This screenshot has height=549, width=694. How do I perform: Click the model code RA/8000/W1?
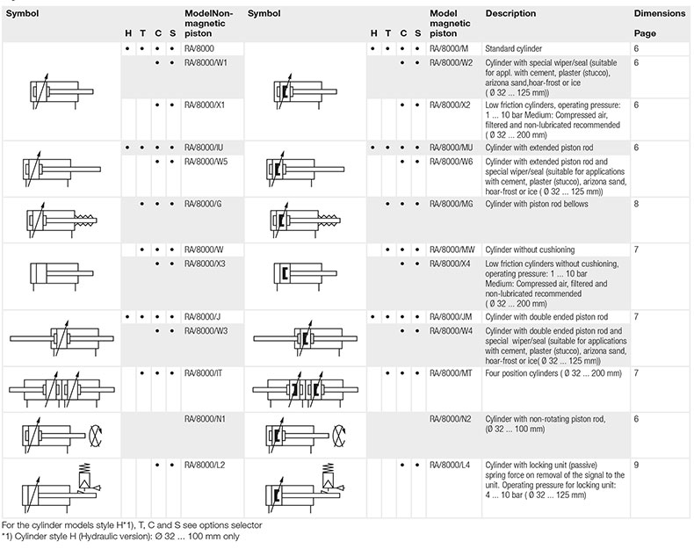coord(206,62)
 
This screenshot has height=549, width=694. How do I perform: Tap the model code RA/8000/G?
coord(203,203)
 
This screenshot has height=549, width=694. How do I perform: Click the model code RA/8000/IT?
coord(204,372)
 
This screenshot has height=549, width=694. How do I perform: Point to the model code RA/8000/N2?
coord(452,418)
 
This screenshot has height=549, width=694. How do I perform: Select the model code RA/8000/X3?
coord(206,263)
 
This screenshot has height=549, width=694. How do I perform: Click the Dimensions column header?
coord(658,14)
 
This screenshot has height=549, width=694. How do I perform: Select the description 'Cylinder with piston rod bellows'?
coord(536,203)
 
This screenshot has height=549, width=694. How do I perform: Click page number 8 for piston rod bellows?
coord(636,203)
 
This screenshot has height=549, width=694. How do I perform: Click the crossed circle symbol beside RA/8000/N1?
coord(98,433)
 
